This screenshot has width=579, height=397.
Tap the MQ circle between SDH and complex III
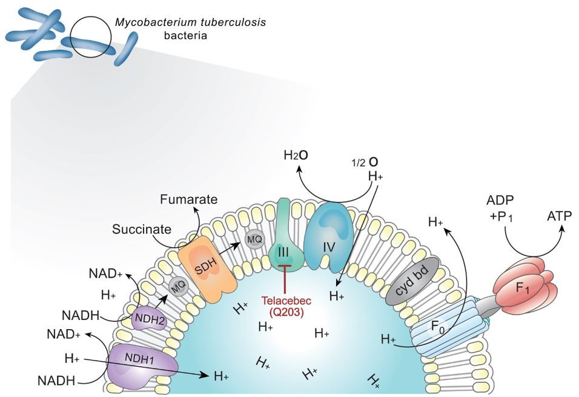[x=254, y=239]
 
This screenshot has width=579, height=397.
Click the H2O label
[x=297, y=155]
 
